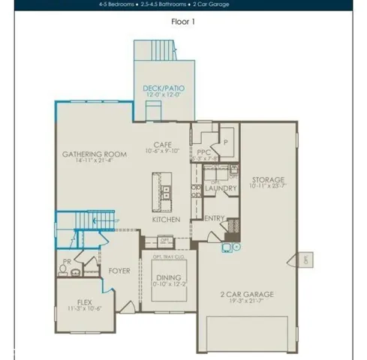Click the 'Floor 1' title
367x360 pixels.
[x=183, y=22]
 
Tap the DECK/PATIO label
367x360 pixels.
[x=163, y=88]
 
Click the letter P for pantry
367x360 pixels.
[x=225, y=140]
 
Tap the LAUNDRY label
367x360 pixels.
[x=221, y=188]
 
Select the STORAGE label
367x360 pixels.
[x=268, y=180]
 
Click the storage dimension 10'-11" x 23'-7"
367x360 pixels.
[x=268, y=187]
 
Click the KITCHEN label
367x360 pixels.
[x=166, y=220]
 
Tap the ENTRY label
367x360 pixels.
[x=215, y=218]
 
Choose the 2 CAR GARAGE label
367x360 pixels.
[x=246, y=295]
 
